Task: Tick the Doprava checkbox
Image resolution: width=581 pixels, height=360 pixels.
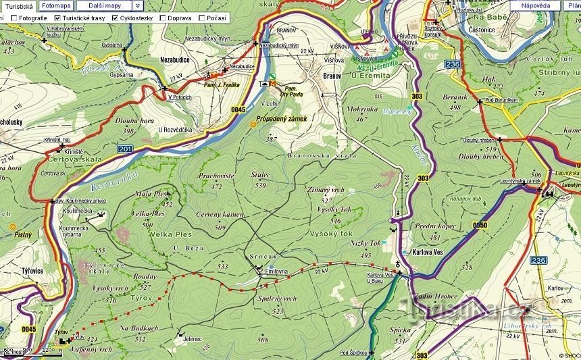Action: click(162, 18)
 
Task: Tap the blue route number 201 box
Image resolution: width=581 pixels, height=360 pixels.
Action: click(124, 149)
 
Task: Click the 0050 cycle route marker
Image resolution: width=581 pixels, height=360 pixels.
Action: click(479, 225)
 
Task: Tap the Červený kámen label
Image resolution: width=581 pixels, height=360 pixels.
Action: click(219, 215)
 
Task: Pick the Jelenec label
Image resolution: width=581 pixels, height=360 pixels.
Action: click(193, 340)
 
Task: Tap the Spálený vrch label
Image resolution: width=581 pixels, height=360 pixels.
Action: click(277, 298)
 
